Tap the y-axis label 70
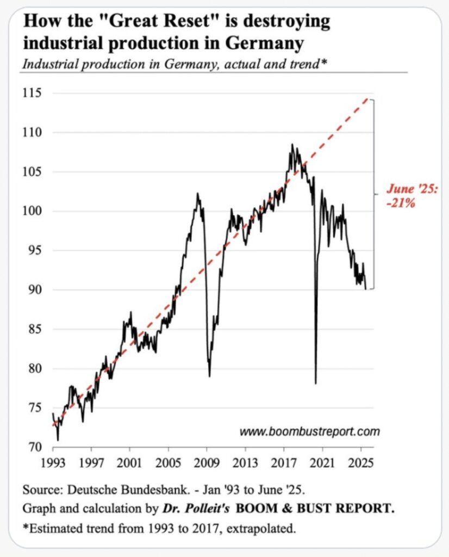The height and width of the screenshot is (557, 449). tap(34, 447)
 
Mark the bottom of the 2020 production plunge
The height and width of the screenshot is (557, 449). tap(316, 383)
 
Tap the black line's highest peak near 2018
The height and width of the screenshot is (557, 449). tap(292, 145)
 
